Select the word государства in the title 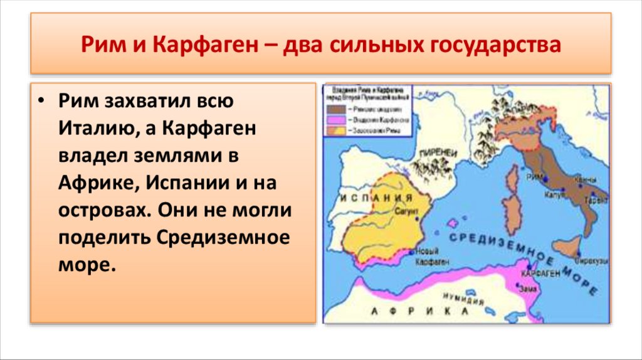click(495, 46)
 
